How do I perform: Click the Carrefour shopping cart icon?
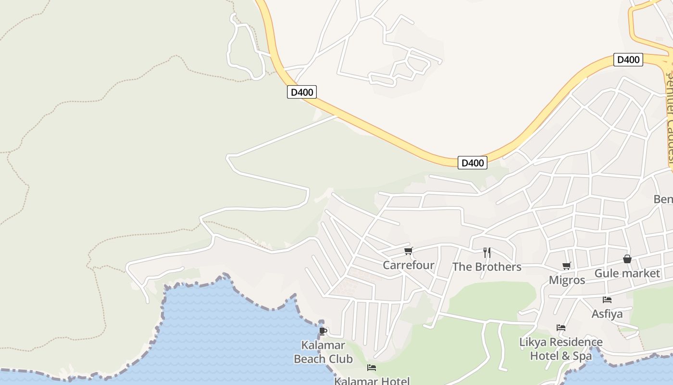coord(409,251)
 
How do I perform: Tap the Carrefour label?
coord(409,265)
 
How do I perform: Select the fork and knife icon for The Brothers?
coord(487,252)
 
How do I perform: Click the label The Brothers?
coord(487,267)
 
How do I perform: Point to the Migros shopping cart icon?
coord(567,266)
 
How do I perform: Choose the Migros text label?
coord(567,280)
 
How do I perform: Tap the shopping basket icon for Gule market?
coord(627,259)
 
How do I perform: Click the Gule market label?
coord(627,273)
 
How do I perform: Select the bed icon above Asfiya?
coord(607,299)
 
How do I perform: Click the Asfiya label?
coord(607,314)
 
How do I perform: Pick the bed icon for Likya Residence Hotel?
coord(561,328)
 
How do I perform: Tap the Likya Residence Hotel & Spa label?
coord(561,349)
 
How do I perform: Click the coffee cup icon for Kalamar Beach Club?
coord(323,331)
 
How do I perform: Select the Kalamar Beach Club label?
coord(323,352)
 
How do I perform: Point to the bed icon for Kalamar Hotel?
coord(372,368)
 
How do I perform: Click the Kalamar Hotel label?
coord(372,381)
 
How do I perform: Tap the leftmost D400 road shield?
coord(302,92)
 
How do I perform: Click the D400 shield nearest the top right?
coord(628,60)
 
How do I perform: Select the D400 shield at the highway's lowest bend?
coord(473,163)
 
